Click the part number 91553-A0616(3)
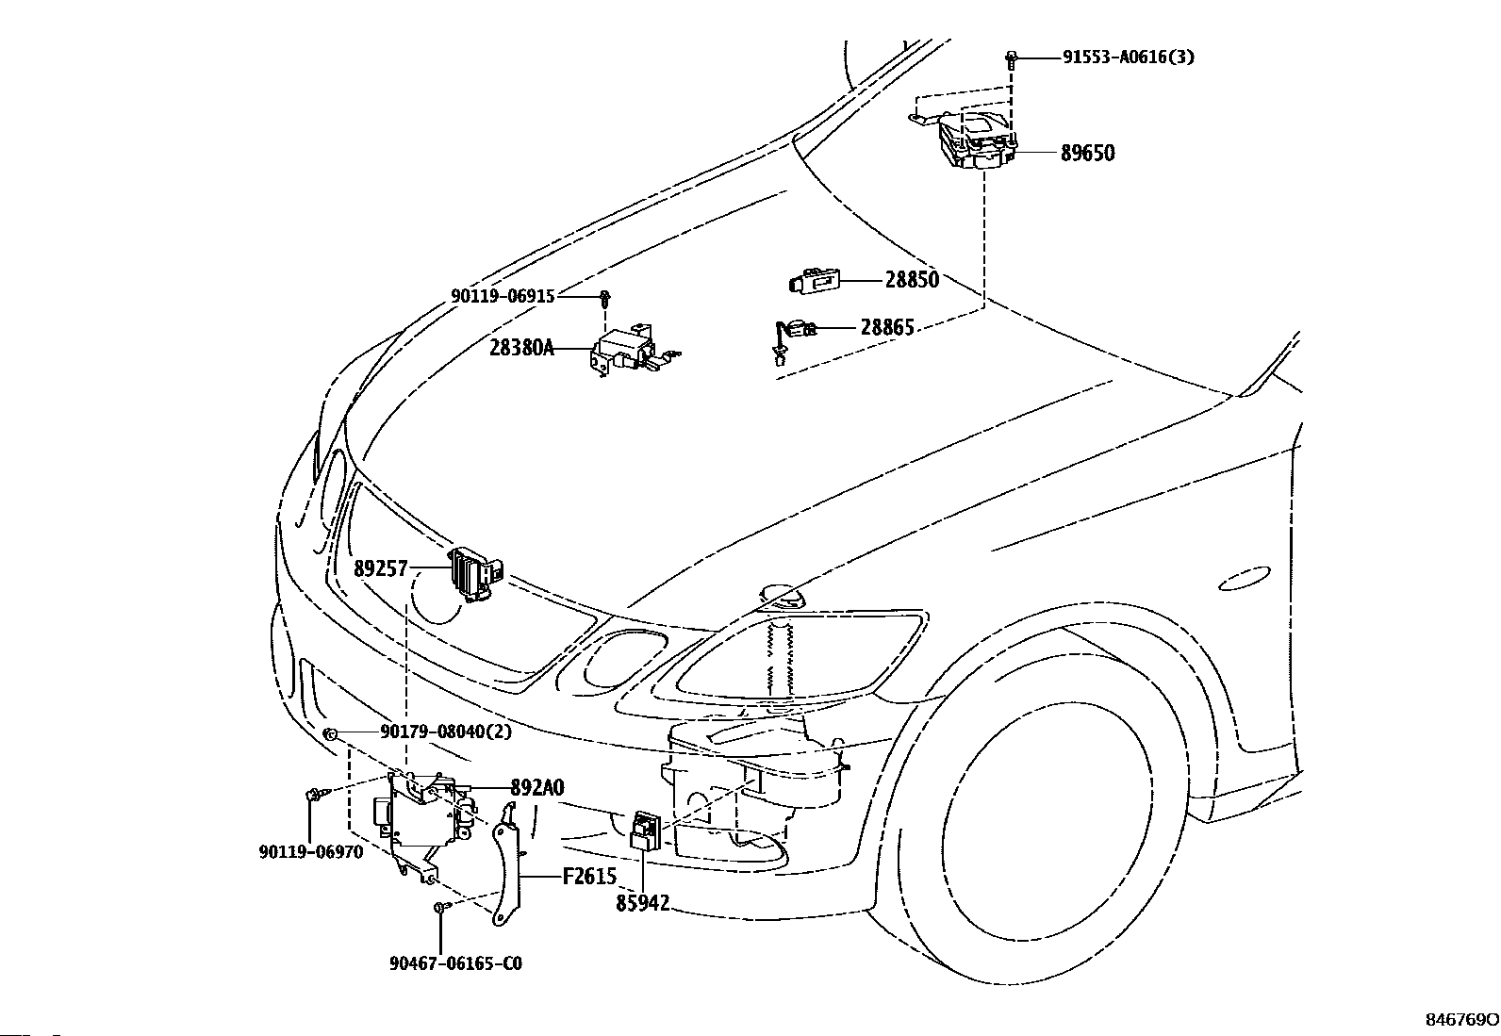coord(1129,57)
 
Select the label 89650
coord(1087,153)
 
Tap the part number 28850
coord(912,279)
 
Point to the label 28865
coord(887,327)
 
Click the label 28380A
coord(522,348)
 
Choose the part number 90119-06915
coord(503,296)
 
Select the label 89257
coord(381,569)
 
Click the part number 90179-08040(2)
coord(446,732)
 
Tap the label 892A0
coord(537,787)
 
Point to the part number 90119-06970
coord(311,852)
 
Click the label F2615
coord(589,877)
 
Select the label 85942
coord(643,903)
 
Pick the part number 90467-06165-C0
coord(455,963)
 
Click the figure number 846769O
coord(1460,1020)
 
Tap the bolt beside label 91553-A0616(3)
coord(1012,59)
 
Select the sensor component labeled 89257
coord(476,575)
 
